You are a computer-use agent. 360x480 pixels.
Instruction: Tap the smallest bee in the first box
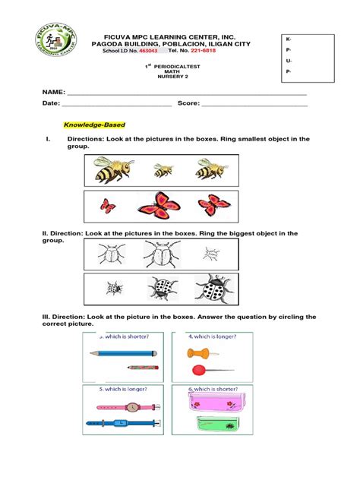pyautogui.click(x=163, y=170)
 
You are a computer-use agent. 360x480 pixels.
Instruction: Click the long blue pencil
pyautogui.click(x=122, y=353)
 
